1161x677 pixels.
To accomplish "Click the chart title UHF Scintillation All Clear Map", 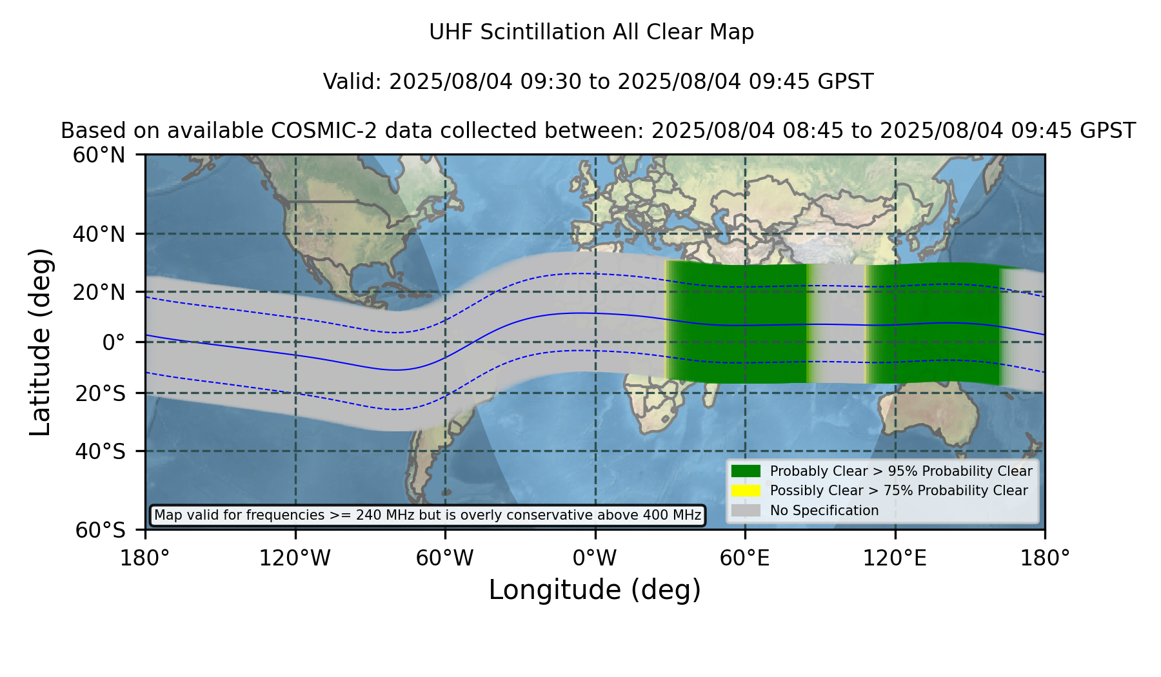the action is [591, 32].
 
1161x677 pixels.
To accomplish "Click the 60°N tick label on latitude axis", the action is [99, 155].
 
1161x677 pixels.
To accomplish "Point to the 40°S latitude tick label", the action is [101, 451].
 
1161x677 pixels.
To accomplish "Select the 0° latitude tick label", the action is [114, 342].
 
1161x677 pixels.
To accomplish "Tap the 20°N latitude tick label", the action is [99, 292].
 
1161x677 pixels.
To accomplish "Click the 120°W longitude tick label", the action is [295, 558].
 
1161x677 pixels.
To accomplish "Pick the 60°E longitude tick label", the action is [745, 558].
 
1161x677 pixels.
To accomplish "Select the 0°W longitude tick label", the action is [595, 558].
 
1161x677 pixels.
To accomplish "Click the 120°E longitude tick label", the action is [895, 558].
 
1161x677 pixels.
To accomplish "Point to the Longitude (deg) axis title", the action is [595, 591].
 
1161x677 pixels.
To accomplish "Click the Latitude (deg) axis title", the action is [41, 342].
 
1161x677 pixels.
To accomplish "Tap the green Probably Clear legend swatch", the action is [746, 471].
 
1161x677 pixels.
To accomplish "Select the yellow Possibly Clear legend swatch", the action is [746, 491].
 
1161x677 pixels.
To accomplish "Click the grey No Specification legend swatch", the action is [746, 511].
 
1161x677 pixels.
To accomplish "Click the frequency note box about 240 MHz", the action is [428, 515].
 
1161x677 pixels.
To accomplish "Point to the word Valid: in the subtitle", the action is [353, 82].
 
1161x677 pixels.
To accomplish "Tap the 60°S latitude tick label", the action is [101, 531].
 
